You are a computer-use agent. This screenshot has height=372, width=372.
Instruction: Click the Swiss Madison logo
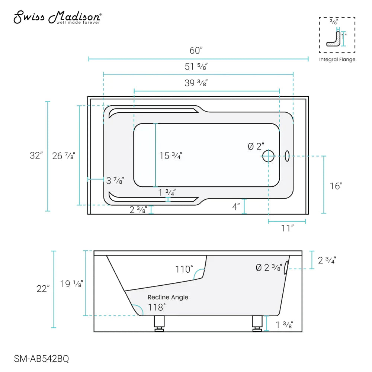(x=57, y=17)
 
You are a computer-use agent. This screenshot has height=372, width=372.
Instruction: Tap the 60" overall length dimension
(x=198, y=50)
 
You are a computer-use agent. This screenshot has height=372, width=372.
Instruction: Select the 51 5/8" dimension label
(x=196, y=67)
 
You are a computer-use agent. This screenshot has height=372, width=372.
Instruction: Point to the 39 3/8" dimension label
(x=196, y=83)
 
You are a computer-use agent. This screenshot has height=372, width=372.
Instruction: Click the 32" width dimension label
(x=36, y=155)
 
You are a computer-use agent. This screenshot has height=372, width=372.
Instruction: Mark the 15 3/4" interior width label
(x=171, y=156)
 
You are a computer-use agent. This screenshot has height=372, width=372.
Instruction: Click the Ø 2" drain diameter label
(x=256, y=146)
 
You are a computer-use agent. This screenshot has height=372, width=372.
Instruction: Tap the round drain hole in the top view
(x=268, y=156)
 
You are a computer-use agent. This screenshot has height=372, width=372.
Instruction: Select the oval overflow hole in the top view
(x=287, y=156)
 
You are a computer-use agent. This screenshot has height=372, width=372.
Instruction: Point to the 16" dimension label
(x=336, y=186)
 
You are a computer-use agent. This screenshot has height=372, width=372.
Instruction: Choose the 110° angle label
(x=185, y=269)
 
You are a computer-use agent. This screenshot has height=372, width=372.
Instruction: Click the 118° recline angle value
(x=157, y=307)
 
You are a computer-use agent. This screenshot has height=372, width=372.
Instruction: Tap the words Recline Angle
(x=168, y=297)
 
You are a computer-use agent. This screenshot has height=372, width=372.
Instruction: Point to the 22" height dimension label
(x=43, y=288)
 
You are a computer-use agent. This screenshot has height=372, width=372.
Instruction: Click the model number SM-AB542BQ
(x=41, y=359)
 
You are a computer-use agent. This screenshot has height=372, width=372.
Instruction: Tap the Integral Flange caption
(x=337, y=60)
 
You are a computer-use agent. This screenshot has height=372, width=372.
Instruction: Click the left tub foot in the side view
(x=159, y=323)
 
